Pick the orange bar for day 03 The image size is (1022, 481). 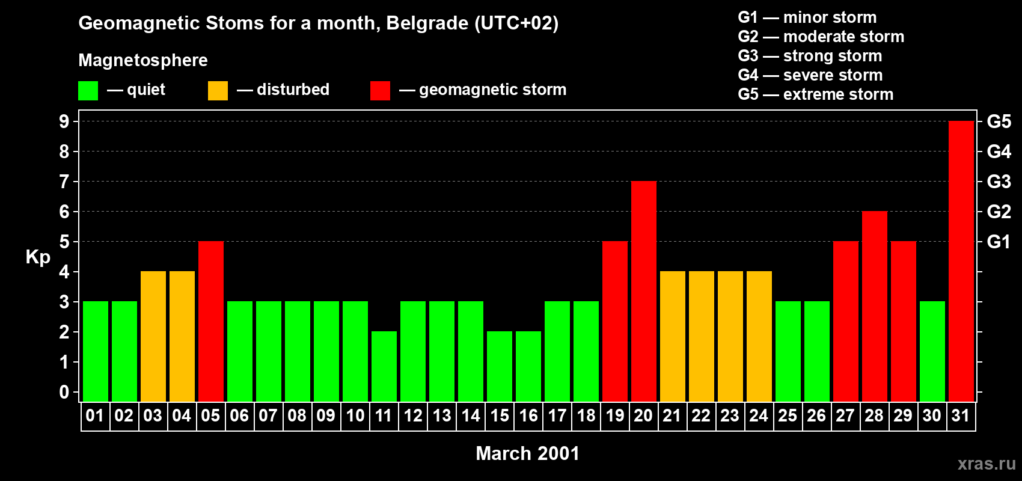coord(153,336)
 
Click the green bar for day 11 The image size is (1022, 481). coord(384,366)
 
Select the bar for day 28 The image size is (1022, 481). coord(874,306)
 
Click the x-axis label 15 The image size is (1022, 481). coord(500,415)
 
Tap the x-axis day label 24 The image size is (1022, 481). coord(759,415)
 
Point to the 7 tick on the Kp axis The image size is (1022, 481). coord(64,182)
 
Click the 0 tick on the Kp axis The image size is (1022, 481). coord(64,392)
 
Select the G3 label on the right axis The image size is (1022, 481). coord(999,182)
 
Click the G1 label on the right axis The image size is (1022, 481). coord(999,242)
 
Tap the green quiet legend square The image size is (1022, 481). coord(88,91)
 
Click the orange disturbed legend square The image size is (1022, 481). coord(218,91)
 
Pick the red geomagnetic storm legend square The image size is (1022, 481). coord(380,91)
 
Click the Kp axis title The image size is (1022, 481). coord(38,257)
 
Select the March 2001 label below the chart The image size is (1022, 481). coord(527,453)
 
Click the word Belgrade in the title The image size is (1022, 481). coord(427,23)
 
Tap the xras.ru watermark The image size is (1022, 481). coord(987,463)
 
